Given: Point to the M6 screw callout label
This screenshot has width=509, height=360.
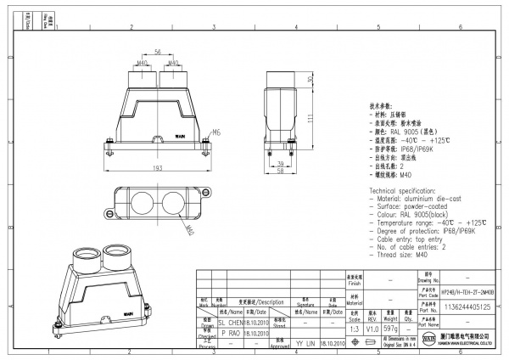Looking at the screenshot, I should [193, 132].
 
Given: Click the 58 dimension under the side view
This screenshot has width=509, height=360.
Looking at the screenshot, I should [280, 171].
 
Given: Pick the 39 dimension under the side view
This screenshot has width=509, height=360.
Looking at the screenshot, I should [281, 161].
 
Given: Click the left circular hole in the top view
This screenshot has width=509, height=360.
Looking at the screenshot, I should [141, 203].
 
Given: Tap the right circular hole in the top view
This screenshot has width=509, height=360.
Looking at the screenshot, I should [174, 203].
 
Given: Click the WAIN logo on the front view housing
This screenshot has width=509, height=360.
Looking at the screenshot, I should [156, 133].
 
